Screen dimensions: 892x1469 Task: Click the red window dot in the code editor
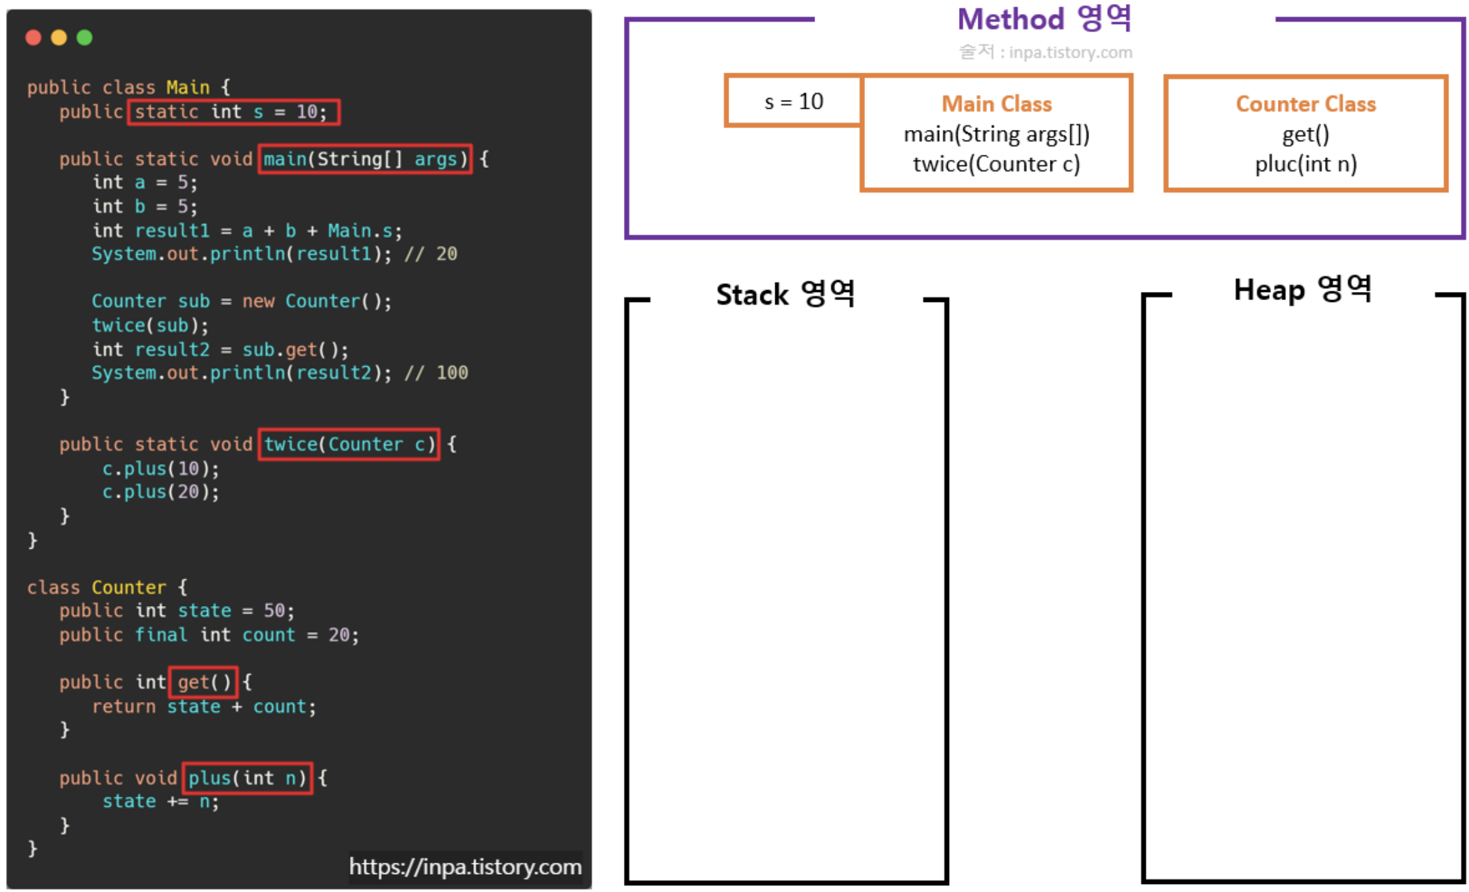(x=33, y=37)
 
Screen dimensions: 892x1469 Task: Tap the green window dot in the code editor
(x=85, y=37)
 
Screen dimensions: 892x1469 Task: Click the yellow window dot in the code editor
(x=59, y=37)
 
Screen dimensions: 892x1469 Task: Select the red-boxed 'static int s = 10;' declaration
(x=233, y=112)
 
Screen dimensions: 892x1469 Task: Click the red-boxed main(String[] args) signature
(x=365, y=159)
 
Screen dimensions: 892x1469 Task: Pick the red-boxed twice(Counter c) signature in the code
(x=349, y=444)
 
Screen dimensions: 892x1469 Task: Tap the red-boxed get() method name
(x=203, y=682)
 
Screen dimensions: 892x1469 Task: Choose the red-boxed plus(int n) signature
(x=247, y=778)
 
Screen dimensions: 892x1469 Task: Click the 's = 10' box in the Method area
(x=793, y=101)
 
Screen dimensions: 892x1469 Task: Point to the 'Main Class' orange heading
(x=996, y=104)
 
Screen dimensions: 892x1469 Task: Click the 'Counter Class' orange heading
(x=1305, y=104)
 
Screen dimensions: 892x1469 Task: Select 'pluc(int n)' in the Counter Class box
(x=1305, y=164)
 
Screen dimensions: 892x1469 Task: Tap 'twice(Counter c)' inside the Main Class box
(x=996, y=164)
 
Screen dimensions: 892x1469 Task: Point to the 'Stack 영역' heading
(x=785, y=294)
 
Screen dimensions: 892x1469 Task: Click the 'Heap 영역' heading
(x=1302, y=290)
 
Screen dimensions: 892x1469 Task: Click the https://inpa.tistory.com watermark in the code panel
(x=465, y=867)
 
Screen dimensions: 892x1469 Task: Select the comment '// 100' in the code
(x=437, y=373)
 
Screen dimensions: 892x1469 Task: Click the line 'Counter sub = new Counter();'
(x=241, y=301)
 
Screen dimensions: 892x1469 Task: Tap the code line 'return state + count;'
(x=204, y=707)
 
